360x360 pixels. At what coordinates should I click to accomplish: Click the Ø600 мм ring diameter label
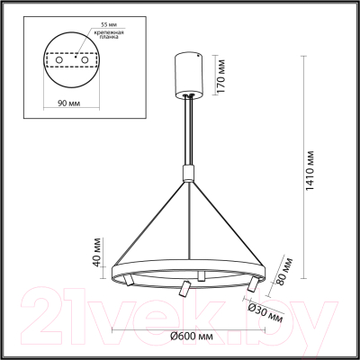tap(191, 337)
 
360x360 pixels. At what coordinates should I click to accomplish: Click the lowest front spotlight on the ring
tap(183, 290)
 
